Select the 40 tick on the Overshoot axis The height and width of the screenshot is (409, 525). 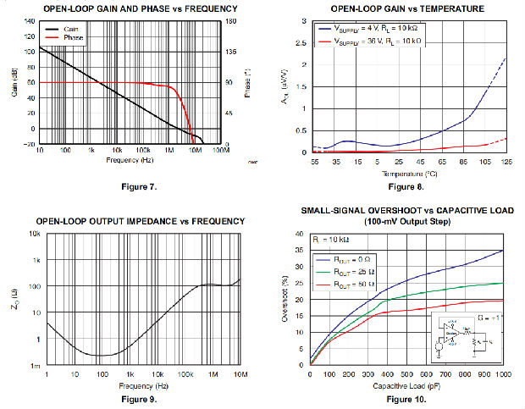300,235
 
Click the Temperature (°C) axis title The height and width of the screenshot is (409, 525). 408,172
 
